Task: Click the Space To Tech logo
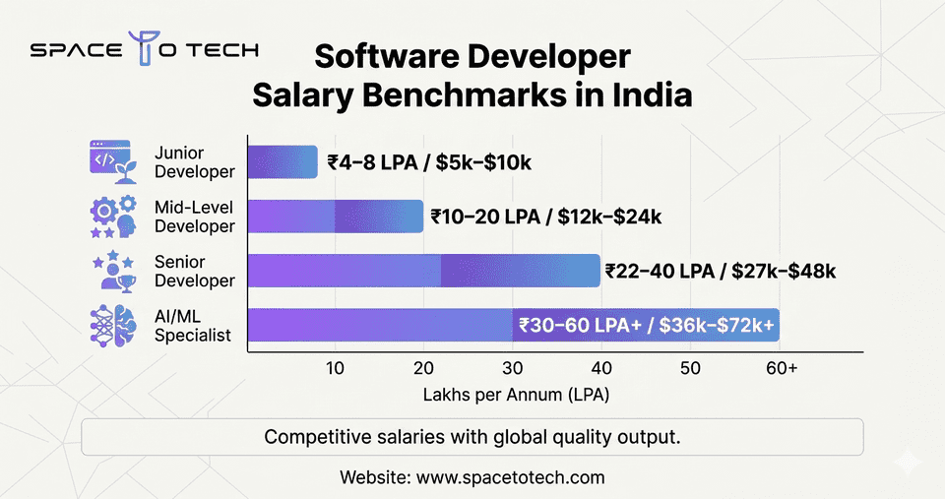145,51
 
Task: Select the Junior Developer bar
282,162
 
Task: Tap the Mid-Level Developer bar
335,217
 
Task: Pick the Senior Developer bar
423,271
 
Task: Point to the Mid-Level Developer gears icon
113,217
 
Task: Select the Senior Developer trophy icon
113,271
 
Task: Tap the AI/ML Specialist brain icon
113,325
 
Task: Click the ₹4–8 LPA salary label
429,162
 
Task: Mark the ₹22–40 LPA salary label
721,271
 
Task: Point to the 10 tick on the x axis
335,368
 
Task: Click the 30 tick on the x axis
513,368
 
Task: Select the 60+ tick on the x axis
782,368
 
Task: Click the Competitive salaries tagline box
472,437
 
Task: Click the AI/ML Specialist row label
193,325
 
